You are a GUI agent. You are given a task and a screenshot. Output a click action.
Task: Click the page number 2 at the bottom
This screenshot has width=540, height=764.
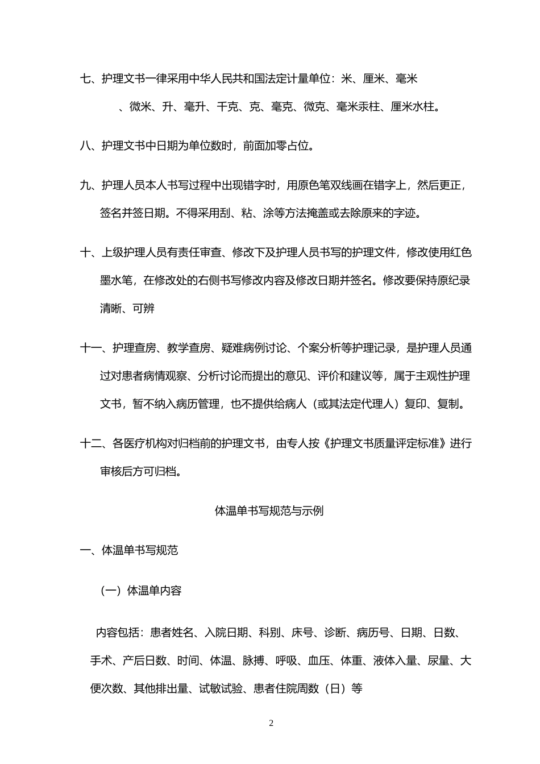(271, 723)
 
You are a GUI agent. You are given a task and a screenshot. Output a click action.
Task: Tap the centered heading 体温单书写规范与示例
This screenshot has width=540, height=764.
(269, 510)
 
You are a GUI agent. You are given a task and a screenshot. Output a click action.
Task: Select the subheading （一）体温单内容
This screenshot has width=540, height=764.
(140, 591)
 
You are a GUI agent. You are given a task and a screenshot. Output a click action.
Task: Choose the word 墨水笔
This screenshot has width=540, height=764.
(117, 280)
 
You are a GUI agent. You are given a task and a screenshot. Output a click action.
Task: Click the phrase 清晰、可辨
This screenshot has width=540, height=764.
(127, 309)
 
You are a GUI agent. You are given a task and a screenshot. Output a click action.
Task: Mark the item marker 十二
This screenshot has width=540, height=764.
(91, 443)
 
